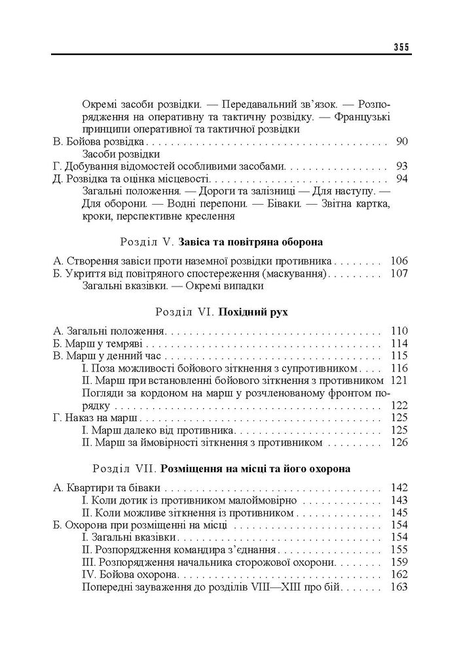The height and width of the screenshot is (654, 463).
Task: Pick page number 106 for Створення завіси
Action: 399,260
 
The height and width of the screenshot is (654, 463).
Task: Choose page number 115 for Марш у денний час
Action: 399,356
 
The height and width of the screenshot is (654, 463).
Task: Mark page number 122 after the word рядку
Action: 399,405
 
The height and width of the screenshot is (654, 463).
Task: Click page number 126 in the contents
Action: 399,443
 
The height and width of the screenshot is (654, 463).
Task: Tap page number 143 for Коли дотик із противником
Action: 399,500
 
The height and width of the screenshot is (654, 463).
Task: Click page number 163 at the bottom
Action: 399,587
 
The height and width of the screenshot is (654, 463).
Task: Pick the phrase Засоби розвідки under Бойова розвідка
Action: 121,154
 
